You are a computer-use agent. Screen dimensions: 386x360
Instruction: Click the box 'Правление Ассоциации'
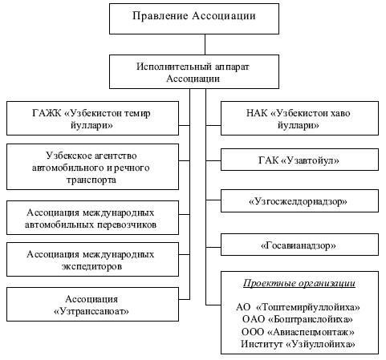[x=194, y=18]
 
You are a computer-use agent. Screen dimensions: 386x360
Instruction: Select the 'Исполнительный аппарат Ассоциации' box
[x=194, y=72]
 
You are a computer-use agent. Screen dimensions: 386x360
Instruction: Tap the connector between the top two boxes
[x=205, y=45]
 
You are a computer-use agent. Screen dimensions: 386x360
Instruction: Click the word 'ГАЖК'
[x=47, y=113]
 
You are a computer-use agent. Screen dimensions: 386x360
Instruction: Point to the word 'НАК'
[x=257, y=113]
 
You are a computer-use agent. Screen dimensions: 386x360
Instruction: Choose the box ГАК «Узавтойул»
[x=299, y=160]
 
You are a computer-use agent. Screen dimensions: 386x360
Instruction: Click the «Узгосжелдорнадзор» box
[x=299, y=201]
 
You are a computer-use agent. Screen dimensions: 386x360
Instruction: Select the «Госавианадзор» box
[x=299, y=245]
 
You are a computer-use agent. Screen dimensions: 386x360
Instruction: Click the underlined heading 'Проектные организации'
[x=299, y=284]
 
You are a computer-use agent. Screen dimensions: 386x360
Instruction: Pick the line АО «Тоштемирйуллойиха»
[x=298, y=307]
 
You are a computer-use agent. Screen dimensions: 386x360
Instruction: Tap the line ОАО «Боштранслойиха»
[x=298, y=319]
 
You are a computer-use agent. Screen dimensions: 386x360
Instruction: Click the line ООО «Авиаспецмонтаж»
[x=298, y=332]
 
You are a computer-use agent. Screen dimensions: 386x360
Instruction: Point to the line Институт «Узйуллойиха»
[x=298, y=344]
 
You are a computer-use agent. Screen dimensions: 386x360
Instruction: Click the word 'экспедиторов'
[x=92, y=266]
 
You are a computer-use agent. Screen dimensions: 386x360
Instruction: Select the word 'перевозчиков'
[x=127, y=224]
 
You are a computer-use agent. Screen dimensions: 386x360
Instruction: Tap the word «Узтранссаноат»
[x=91, y=311]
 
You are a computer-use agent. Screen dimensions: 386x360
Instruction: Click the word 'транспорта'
[x=91, y=180]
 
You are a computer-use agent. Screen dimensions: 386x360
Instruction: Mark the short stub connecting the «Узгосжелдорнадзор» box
[x=213, y=200]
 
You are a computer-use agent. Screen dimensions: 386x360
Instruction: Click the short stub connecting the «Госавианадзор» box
[x=213, y=247]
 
